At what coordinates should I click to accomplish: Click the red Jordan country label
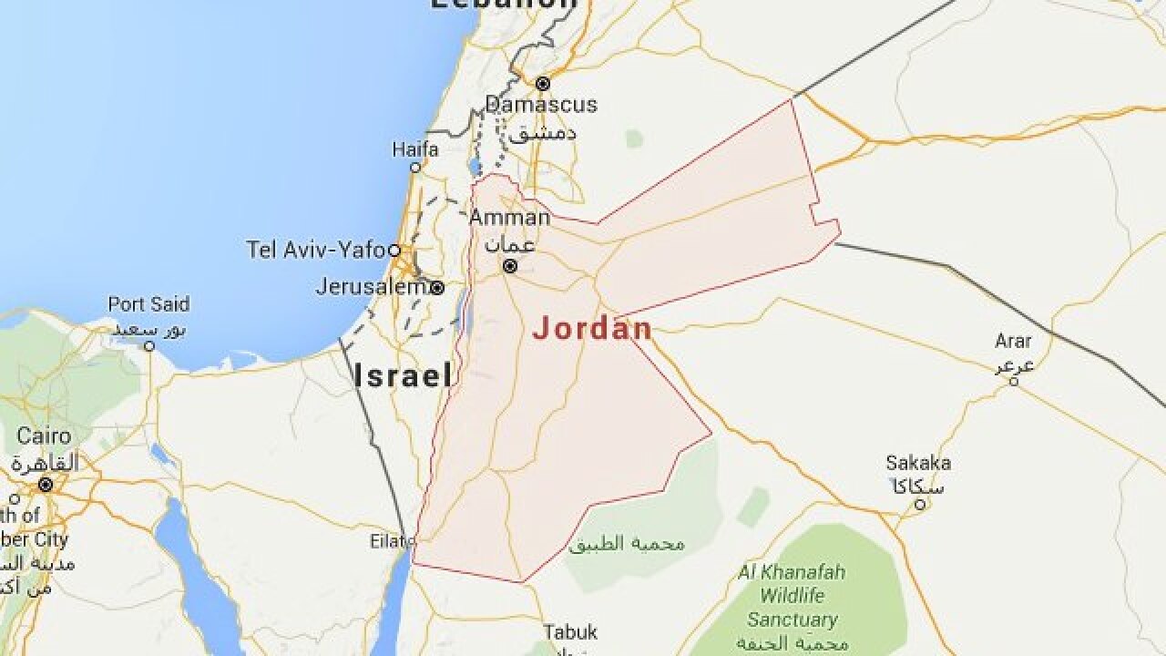click(x=592, y=329)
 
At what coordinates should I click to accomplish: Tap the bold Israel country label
click(x=403, y=374)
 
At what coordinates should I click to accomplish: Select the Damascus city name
click(x=541, y=104)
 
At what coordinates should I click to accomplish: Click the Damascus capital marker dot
click(x=543, y=84)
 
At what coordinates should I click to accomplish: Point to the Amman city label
click(x=509, y=218)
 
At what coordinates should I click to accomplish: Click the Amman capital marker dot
click(x=511, y=267)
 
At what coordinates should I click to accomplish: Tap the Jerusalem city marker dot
click(x=437, y=288)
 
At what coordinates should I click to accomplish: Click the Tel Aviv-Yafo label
click(x=316, y=249)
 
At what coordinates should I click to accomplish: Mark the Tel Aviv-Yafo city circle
click(x=394, y=250)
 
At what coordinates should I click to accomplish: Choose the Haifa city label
click(x=415, y=149)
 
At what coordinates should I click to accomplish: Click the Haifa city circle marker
click(x=415, y=168)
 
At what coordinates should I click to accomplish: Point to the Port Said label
click(x=148, y=304)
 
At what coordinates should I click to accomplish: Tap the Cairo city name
click(x=44, y=436)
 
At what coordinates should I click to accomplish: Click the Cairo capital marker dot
click(x=45, y=485)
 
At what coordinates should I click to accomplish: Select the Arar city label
click(x=1013, y=342)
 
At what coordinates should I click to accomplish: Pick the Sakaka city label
click(x=918, y=462)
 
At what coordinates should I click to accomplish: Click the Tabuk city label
click(x=570, y=631)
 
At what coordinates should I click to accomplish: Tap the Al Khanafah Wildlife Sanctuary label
click(x=792, y=596)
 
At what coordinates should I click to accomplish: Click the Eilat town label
click(x=385, y=540)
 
